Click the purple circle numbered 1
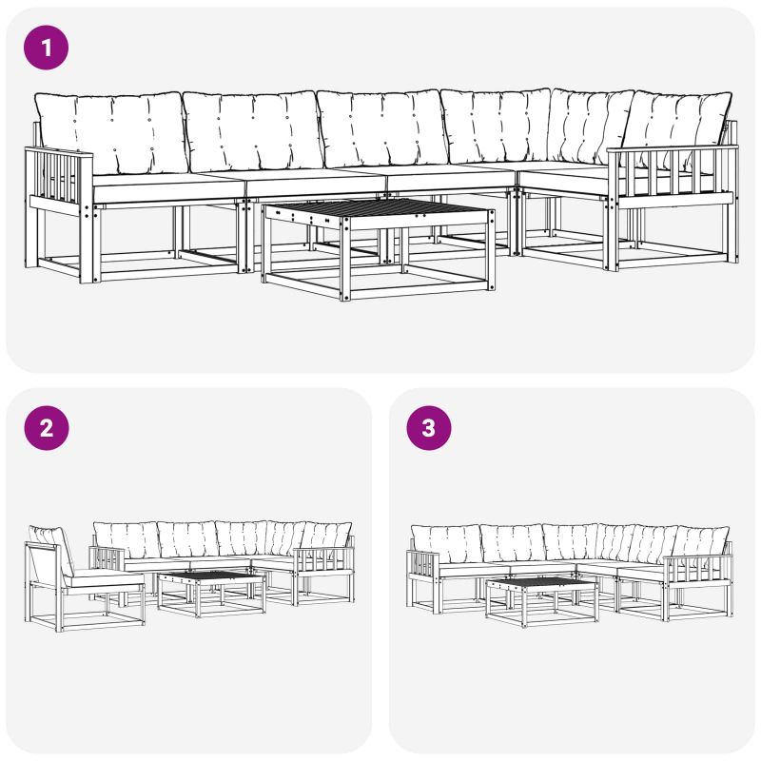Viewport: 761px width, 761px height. coord(46,48)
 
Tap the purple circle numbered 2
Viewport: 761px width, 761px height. coord(46,428)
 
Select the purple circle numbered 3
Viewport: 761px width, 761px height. coord(429,428)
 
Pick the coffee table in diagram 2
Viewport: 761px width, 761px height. coord(212,593)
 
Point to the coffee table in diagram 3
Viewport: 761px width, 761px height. coord(542,602)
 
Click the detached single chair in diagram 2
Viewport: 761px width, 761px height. coord(85,578)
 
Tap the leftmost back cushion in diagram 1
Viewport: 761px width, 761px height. coord(111,132)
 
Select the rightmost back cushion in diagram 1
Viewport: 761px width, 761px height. coord(677,127)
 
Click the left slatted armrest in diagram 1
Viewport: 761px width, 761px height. coord(59,181)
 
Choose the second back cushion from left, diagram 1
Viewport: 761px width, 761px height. coord(252,130)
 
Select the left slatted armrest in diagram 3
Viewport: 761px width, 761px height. coord(423,562)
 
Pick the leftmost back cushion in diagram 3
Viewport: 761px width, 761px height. coord(446,543)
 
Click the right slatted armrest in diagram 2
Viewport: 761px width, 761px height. coord(322,561)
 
